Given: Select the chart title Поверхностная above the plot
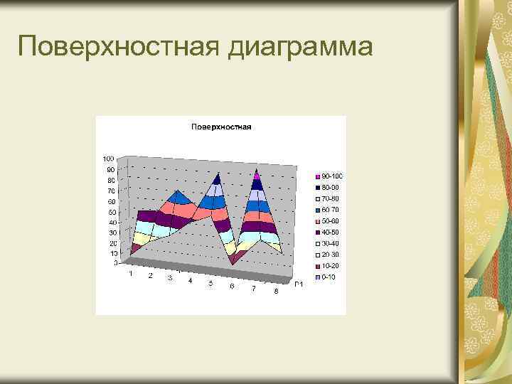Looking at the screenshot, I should tap(221, 127).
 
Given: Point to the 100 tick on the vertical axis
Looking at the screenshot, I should tap(108, 158).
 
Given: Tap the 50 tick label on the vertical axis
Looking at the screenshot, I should tap(112, 212).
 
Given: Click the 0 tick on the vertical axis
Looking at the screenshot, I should tap(114, 263).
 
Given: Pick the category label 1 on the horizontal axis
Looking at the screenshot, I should tap(131, 273).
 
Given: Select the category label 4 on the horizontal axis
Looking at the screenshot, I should tap(190, 281).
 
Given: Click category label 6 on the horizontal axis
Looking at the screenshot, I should tap(232, 286).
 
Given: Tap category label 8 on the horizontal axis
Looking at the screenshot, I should tap(276, 292).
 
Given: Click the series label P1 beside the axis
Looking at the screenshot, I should tap(299, 285).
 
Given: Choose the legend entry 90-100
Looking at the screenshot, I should tap(331, 176).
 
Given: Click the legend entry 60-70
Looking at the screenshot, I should tap(331, 210).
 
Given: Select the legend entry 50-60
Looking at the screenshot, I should tap(331, 221).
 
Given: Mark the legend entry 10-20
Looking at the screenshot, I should tap(331, 265).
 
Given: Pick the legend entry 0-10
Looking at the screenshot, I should tap(329, 277).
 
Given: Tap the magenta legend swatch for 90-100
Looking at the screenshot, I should tap(317, 176).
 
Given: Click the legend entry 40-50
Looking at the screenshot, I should tap(331, 232).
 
